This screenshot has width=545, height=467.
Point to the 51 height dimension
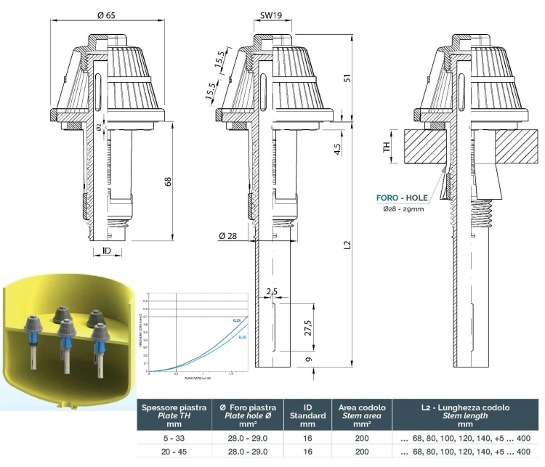tap(356, 78)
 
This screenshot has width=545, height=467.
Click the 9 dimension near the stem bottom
tap(309, 360)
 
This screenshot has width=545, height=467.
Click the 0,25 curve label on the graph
tap(236, 320)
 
